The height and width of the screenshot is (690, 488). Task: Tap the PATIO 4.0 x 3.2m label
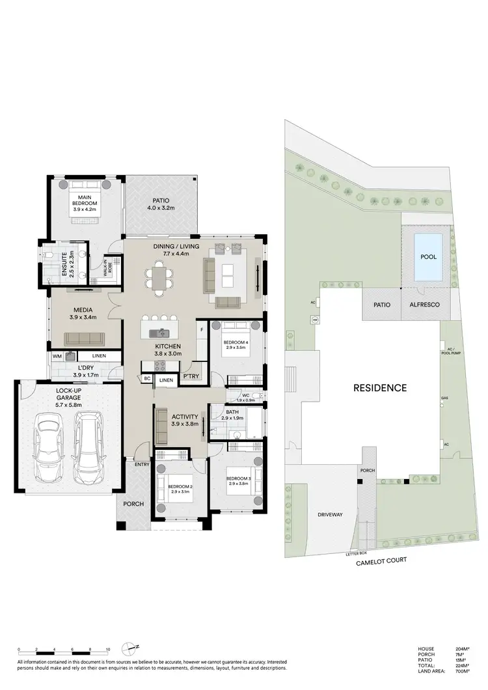click(x=162, y=203)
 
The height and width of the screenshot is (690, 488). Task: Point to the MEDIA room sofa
click(x=83, y=338)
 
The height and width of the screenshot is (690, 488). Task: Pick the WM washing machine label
click(x=57, y=356)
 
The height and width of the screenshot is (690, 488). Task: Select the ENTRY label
click(x=142, y=464)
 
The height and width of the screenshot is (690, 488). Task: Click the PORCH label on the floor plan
click(x=133, y=504)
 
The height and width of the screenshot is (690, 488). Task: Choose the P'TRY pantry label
click(x=191, y=376)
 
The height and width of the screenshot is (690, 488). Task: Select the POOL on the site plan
click(x=428, y=257)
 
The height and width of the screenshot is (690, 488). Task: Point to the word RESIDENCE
click(x=380, y=388)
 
